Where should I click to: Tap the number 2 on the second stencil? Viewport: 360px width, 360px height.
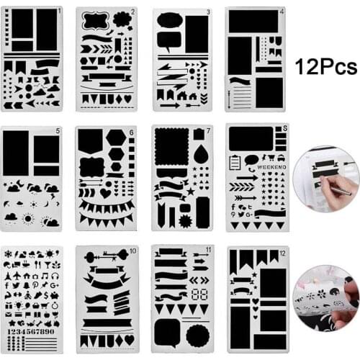134,13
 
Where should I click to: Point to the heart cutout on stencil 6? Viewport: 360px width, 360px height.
106,193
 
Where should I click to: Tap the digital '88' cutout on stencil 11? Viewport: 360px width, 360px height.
201,295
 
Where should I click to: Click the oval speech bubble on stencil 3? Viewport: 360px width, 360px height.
169,20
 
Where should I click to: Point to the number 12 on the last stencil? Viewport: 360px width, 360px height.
282,251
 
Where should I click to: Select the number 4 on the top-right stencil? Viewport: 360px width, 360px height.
282,12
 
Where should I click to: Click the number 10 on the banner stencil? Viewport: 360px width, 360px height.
132,251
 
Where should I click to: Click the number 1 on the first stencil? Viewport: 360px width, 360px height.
59,12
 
